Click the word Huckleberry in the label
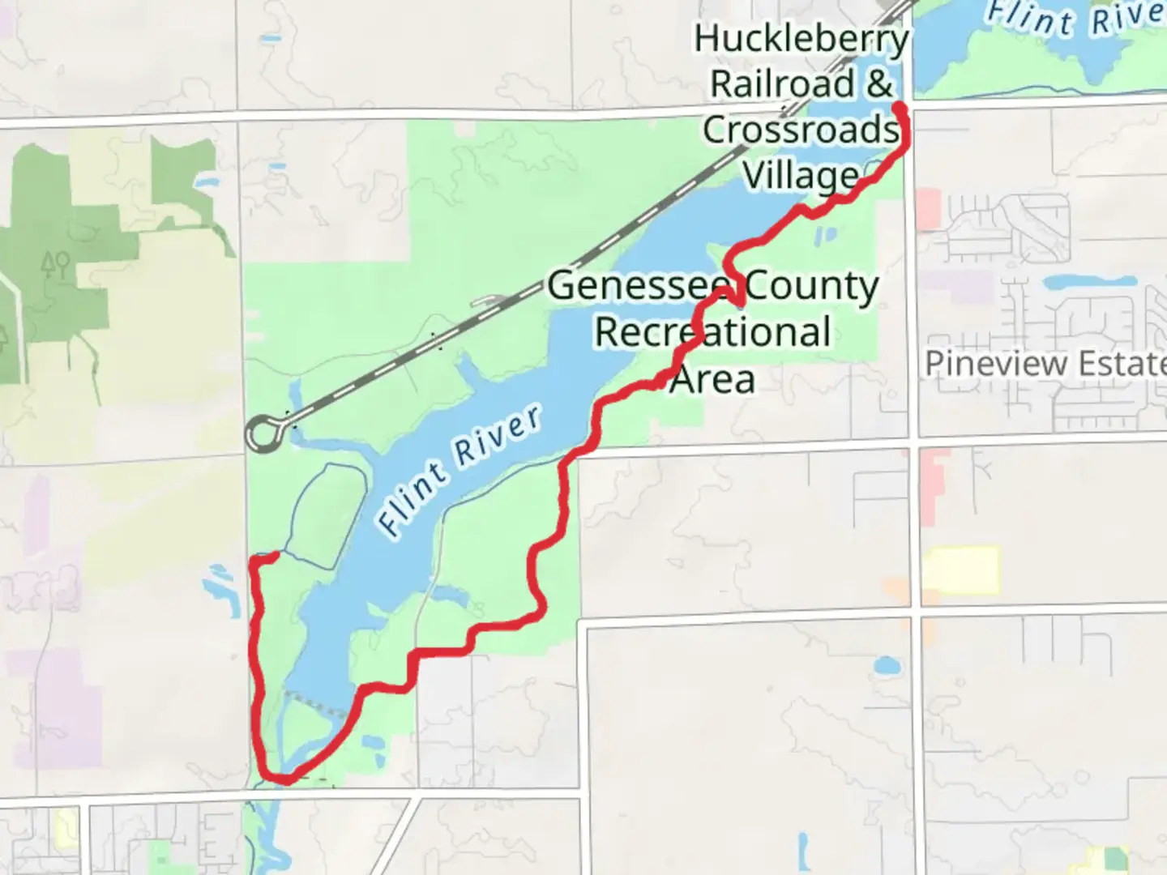click(801, 40)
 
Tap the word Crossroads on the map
click(801, 130)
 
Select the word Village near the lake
click(801, 176)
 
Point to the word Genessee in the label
click(640, 286)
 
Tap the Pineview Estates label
click(1045, 364)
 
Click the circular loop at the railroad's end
click(263, 433)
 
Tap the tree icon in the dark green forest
click(55, 264)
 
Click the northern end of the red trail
click(899, 106)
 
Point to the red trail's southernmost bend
click(284, 780)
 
